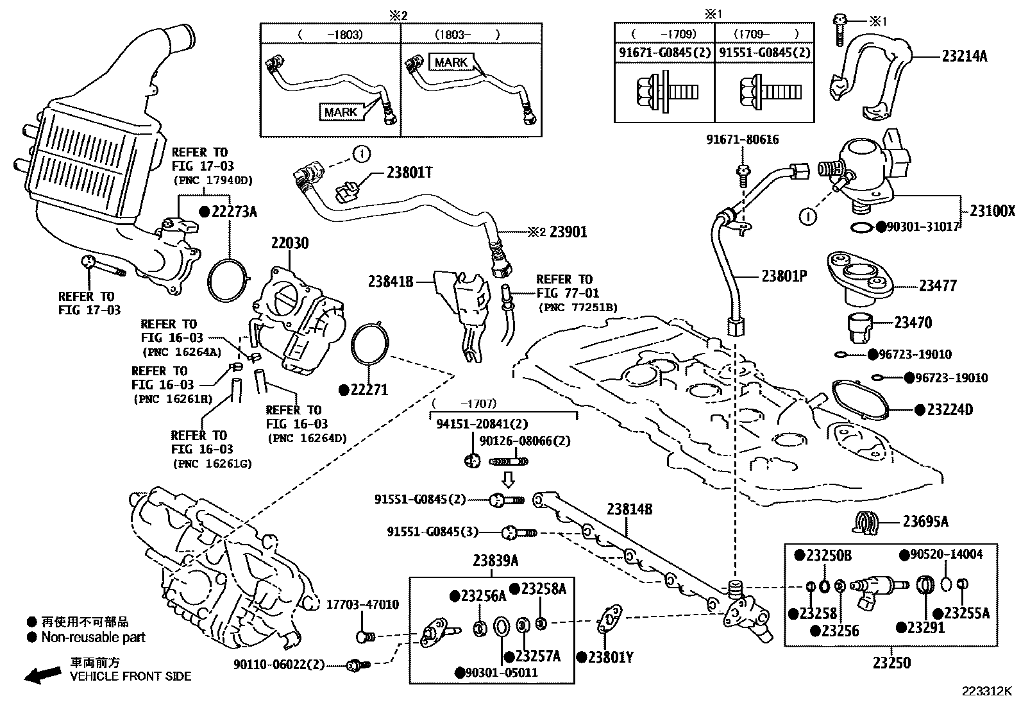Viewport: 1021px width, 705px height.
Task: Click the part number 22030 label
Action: click(x=289, y=243)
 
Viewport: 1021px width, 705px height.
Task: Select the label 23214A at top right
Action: click(x=964, y=56)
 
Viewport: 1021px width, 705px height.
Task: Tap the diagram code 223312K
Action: click(x=986, y=692)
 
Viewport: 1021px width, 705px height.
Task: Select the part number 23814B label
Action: click(x=629, y=509)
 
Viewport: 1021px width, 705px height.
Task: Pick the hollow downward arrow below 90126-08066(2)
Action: click(x=507, y=479)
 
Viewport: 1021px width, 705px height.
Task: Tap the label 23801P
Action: click(x=784, y=276)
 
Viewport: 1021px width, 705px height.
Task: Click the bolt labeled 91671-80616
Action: click(x=743, y=175)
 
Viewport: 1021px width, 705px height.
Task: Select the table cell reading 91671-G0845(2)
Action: click(x=664, y=53)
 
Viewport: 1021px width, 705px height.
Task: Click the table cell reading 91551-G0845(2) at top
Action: click(x=764, y=53)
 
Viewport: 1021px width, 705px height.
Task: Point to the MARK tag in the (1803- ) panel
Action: click(x=451, y=62)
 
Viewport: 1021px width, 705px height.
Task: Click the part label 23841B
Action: click(x=391, y=280)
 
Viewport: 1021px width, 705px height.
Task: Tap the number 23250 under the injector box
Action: click(x=892, y=663)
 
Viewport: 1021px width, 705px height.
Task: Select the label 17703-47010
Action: click(x=362, y=604)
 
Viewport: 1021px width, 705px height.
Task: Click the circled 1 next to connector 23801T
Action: click(x=361, y=154)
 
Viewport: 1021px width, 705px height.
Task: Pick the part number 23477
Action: click(x=938, y=286)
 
